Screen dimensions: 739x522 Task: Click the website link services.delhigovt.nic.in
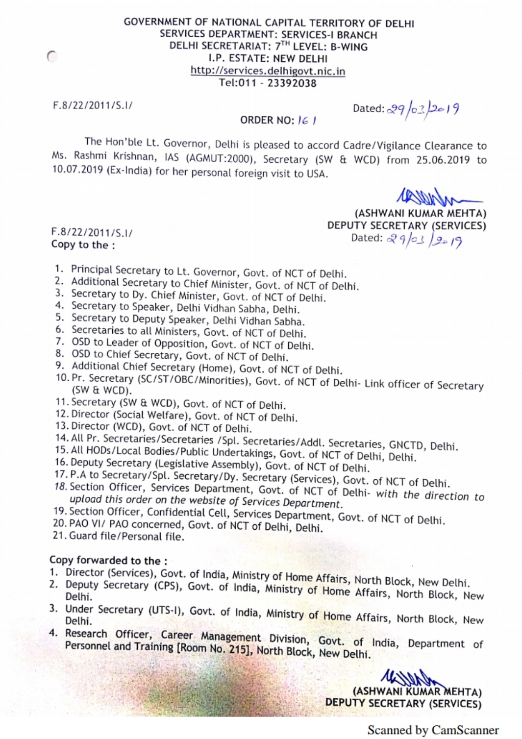(268, 71)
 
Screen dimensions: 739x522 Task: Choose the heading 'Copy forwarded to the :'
(108, 561)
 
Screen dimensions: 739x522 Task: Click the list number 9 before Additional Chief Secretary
(60, 366)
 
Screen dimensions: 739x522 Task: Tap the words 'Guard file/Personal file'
(126, 536)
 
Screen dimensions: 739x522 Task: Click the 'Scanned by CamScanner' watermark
(433, 730)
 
